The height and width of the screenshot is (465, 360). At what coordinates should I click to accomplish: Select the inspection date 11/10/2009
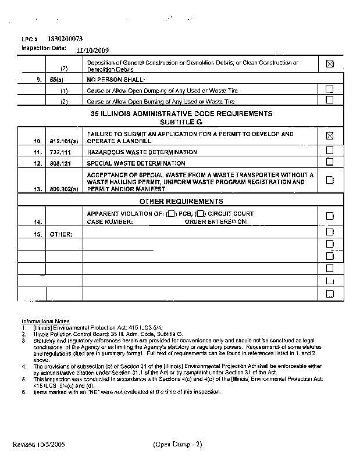click(84, 50)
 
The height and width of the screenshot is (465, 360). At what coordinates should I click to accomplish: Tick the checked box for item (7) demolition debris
click(330, 65)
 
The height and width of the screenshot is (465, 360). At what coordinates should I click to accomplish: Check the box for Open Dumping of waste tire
click(330, 90)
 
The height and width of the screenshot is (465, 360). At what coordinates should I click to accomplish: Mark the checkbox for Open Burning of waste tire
click(330, 100)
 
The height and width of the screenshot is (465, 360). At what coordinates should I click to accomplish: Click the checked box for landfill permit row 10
click(330, 137)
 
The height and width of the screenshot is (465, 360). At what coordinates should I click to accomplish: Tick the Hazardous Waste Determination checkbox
click(330, 151)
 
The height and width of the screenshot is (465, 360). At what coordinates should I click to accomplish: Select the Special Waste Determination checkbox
click(330, 162)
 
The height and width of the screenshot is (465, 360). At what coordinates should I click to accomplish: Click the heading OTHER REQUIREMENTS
click(181, 202)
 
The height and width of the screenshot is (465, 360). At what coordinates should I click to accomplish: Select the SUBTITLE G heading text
click(181, 123)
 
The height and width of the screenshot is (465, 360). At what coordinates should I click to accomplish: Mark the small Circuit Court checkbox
click(200, 214)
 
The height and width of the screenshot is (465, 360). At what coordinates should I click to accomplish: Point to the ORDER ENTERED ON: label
click(216, 221)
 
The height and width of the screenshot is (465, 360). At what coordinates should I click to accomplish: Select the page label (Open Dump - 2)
click(178, 445)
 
